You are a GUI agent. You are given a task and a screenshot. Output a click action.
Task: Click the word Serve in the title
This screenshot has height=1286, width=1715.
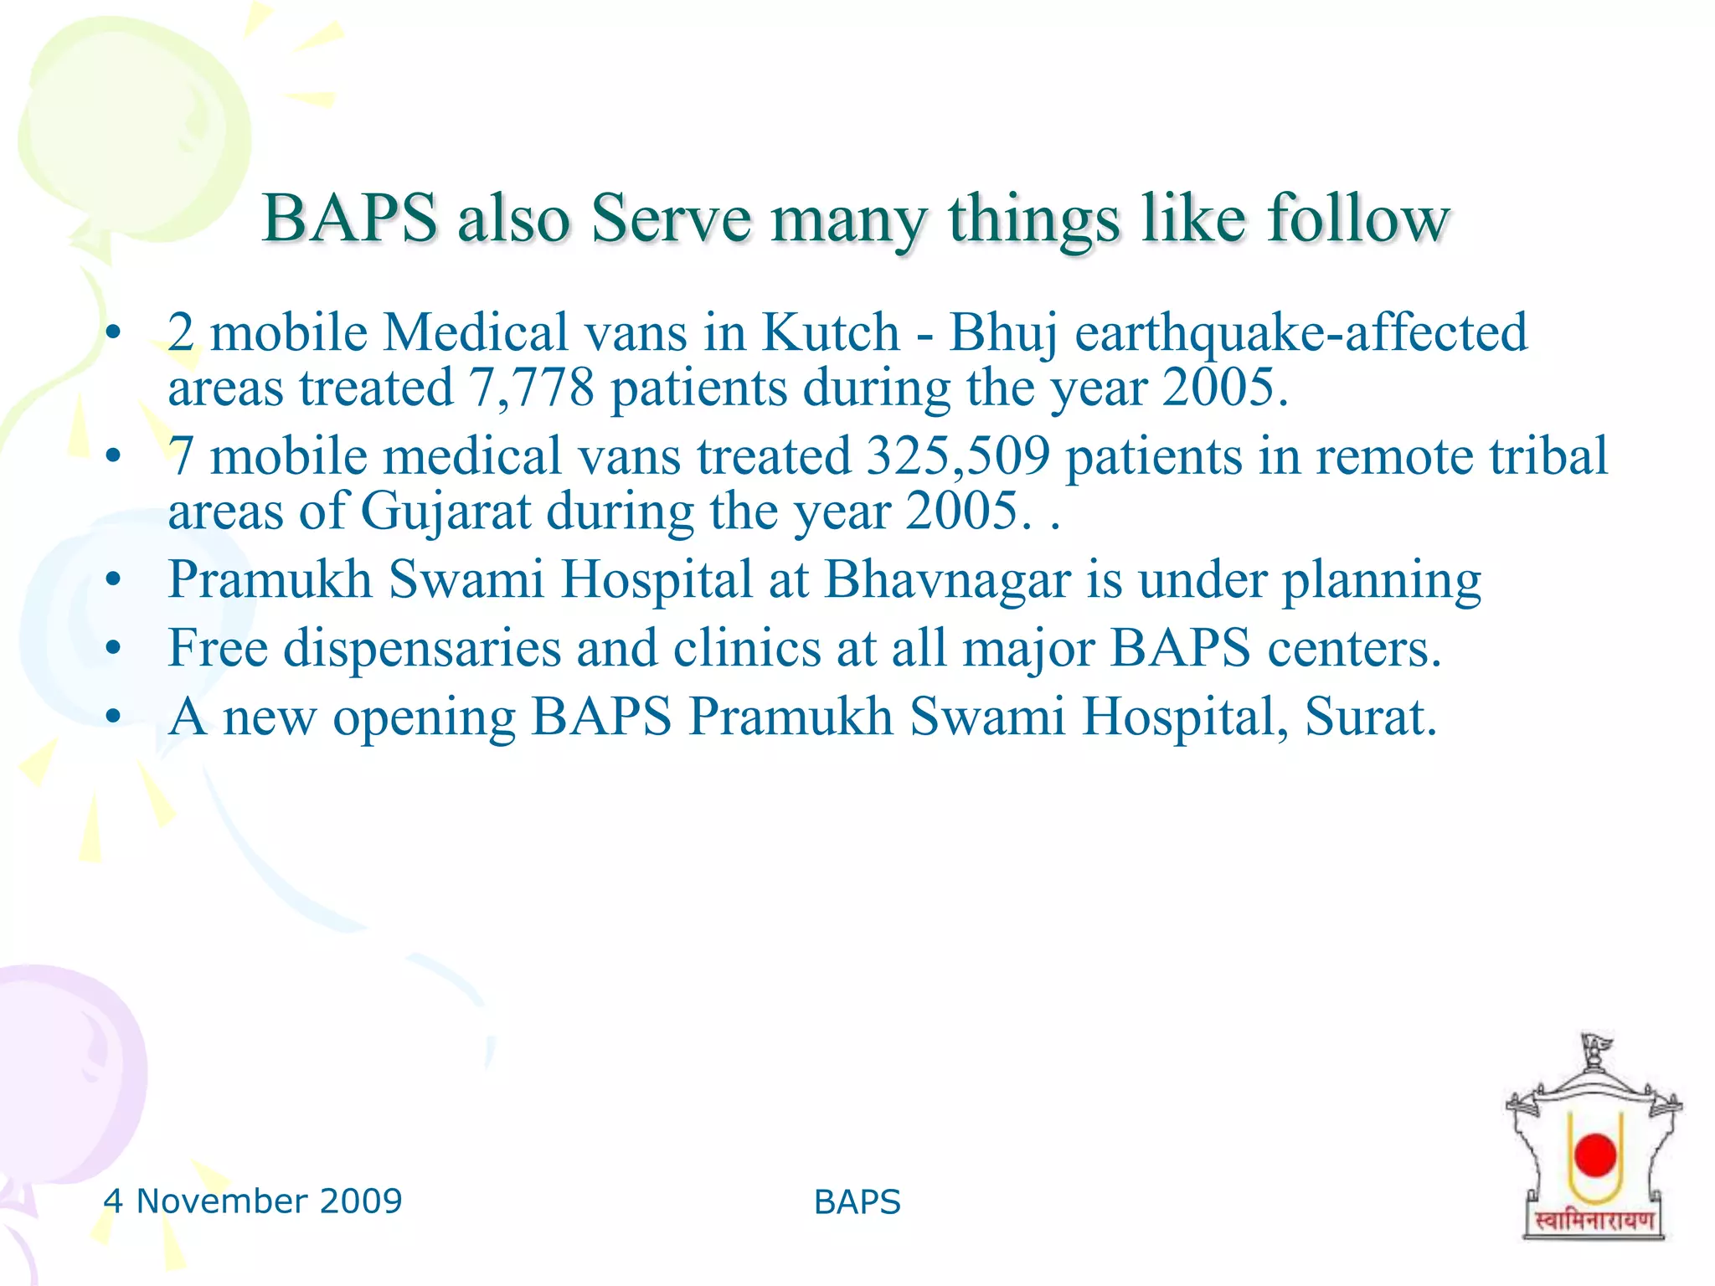coord(671,219)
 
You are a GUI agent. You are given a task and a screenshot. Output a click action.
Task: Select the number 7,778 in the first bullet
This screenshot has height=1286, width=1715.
coord(531,388)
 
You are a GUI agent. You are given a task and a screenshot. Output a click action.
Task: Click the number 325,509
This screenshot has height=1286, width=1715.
coord(957,456)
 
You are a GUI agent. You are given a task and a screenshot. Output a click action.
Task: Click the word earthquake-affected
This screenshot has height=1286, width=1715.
coord(1300,332)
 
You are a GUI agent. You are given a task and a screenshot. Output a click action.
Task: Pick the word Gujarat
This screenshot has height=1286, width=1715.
coord(445,511)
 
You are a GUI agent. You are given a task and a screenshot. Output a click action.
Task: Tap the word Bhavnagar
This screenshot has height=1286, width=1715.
coord(947,579)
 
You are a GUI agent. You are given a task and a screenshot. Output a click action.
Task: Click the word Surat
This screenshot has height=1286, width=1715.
coord(1370,718)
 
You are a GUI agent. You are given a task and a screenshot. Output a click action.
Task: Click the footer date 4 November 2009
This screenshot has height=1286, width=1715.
coord(252,1201)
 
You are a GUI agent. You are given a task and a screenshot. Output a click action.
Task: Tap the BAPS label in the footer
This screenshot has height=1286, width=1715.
coord(857,1202)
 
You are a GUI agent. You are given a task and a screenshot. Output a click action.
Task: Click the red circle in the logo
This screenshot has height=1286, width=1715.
coord(1594,1155)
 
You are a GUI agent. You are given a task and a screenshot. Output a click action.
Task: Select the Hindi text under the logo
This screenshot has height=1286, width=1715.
coord(1594,1222)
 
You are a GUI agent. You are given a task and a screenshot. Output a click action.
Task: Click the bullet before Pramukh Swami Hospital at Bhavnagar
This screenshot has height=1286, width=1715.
coord(114,579)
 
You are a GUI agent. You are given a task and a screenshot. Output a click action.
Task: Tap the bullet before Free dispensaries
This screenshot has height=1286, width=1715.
coord(114,648)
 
